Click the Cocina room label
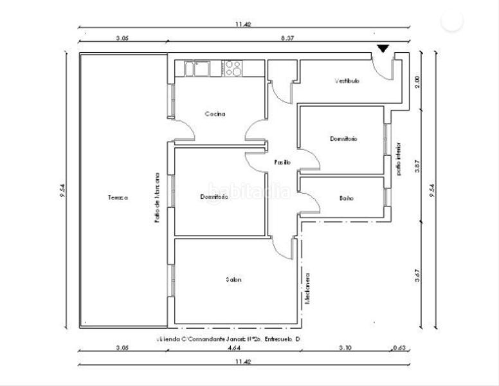pos(215,115)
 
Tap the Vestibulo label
pos(347,81)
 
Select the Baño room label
pos(346,198)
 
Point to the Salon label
pos(233,279)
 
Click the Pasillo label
pos(282,162)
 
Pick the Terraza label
pos(118,198)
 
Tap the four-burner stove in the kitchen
pos(232,68)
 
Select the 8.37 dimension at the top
pos(287,39)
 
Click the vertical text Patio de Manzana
pos(156,197)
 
